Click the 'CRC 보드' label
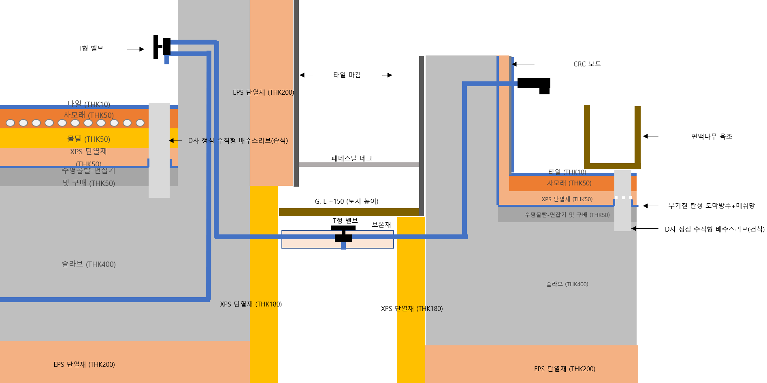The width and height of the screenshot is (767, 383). pos(587,64)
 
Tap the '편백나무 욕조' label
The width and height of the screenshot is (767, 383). pos(712,136)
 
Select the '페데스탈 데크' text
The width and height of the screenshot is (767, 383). pos(352,158)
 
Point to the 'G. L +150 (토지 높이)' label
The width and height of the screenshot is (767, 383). pos(346,201)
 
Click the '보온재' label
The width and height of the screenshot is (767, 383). pos(381,225)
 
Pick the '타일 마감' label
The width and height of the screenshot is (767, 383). pos(347,75)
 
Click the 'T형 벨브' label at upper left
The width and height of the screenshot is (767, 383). pos(91,48)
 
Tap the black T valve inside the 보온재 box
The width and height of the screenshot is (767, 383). pos(343,234)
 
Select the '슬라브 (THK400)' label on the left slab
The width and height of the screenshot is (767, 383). pos(88,264)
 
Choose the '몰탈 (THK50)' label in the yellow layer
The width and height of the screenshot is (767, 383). pos(88,139)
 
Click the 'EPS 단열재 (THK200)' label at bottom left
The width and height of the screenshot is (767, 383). pos(84,364)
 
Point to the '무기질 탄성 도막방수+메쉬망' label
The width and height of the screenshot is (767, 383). pos(712,206)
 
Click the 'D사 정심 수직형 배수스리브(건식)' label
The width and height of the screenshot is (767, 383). pos(714,229)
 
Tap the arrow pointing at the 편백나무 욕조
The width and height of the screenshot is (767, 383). pos(650,136)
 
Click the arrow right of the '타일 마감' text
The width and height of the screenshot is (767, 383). pos(387,75)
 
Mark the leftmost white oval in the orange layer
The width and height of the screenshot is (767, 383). pos(11,123)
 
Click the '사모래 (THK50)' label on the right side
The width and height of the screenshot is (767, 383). pos(569,183)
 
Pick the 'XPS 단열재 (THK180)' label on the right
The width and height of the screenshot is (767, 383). pos(411,309)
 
